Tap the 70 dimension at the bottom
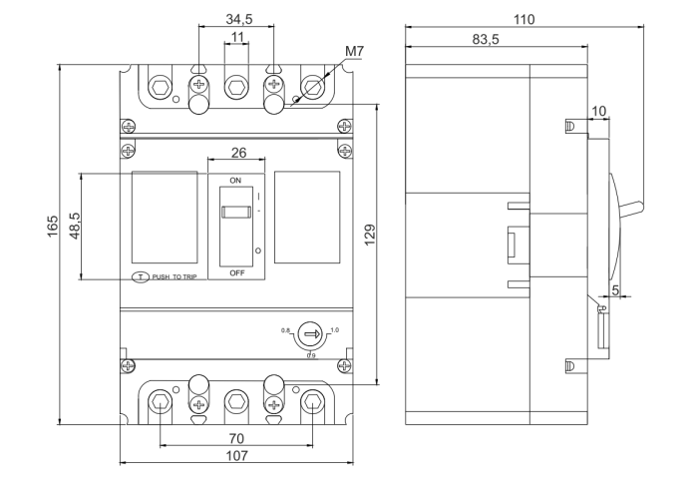tap(236, 437)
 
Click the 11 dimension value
tap(236, 37)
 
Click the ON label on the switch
tap(236, 181)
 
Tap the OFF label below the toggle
tap(236, 271)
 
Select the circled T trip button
tap(141, 275)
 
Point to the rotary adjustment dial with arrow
tap(309, 334)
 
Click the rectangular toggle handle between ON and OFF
tap(235, 212)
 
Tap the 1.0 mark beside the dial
tap(333, 328)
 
